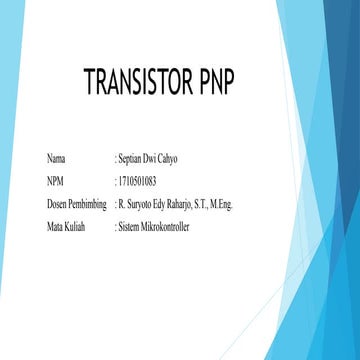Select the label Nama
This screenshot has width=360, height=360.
tap(58, 159)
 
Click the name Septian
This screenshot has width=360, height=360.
tap(135, 159)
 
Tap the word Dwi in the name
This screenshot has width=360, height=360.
tap(161, 159)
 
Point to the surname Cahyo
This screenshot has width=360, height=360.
tap(183, 159)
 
